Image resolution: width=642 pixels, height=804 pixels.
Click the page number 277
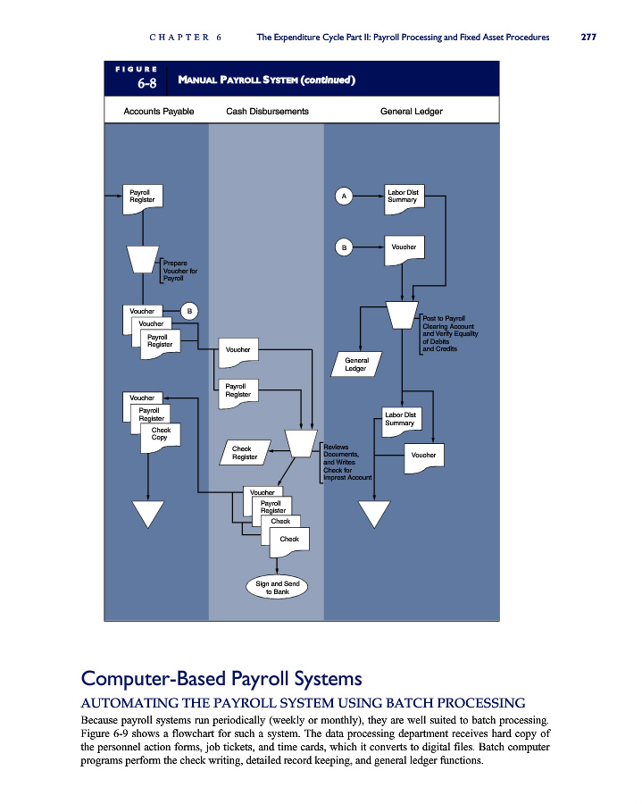click(588, 37)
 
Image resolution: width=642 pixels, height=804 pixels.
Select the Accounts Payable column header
click(159, 112)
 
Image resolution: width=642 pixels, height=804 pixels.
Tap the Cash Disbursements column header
click(268, 112)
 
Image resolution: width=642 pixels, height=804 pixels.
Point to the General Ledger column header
click(412, 112)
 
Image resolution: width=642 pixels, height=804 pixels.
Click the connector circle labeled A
click(344, 196)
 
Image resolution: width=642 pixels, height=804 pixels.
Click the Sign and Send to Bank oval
click(277, 587)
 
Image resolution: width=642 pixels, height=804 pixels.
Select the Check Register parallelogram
click(245, 453)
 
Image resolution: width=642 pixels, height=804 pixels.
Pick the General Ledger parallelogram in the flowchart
click(356, 364)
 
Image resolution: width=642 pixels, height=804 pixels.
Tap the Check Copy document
click(161, 438)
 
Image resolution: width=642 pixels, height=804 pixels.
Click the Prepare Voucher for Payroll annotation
click(179, 271)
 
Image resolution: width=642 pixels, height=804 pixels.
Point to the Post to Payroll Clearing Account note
click(449, 333)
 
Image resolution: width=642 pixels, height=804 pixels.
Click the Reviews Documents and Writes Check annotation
click(346, 462)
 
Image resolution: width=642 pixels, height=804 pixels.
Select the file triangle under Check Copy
click(148, 514)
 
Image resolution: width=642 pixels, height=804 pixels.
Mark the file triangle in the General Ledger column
click(374, 514)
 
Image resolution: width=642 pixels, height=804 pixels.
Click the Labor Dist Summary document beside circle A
click(404, 199)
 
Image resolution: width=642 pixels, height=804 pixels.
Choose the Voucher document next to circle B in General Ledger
click(404, 250)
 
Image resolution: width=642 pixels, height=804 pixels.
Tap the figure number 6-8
click(147, 83)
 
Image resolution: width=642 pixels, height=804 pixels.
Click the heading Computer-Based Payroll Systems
click(221, 678)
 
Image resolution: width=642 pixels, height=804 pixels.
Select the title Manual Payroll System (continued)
click(266, 80)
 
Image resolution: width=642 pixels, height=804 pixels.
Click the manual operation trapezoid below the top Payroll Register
click(143, 259)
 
